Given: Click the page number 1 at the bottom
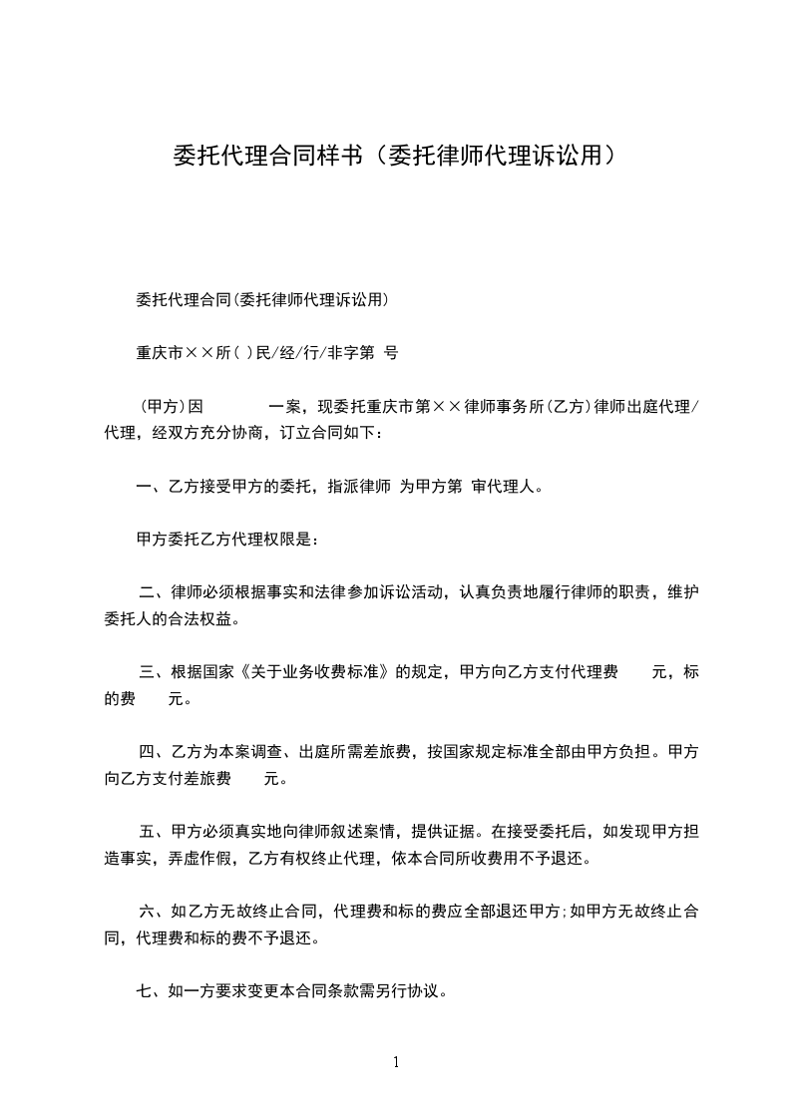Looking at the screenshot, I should (396, 1062).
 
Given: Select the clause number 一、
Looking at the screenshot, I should (150, 487).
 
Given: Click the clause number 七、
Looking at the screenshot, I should (150, 991).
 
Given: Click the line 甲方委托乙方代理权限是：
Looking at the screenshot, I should (226, 540).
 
